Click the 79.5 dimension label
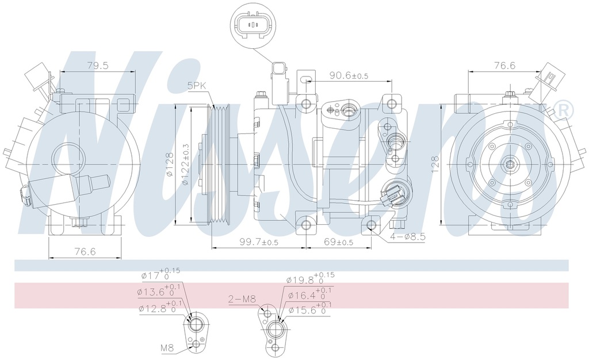point(97,66)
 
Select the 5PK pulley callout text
point(196,86)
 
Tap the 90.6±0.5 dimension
point(349,75)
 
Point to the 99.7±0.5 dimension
point(258,242)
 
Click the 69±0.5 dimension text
point(338,242)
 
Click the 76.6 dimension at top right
point(504,66)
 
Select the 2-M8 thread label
point(241,298)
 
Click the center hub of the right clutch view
point(510,164)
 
